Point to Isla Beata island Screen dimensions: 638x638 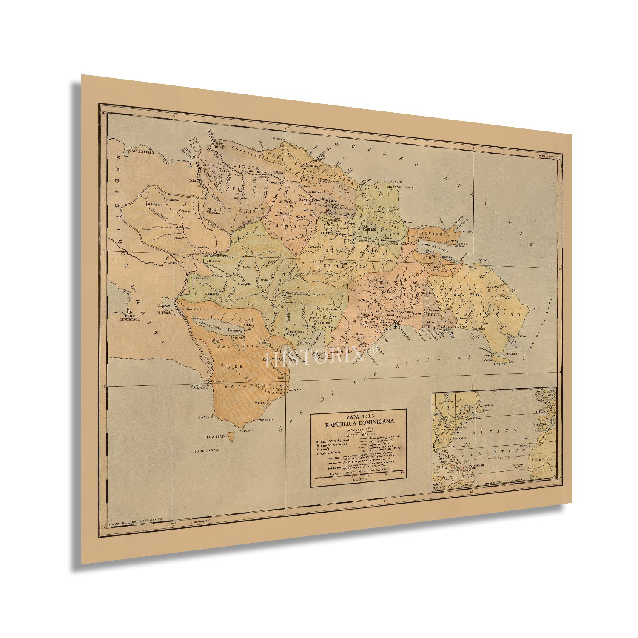point(231,436)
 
